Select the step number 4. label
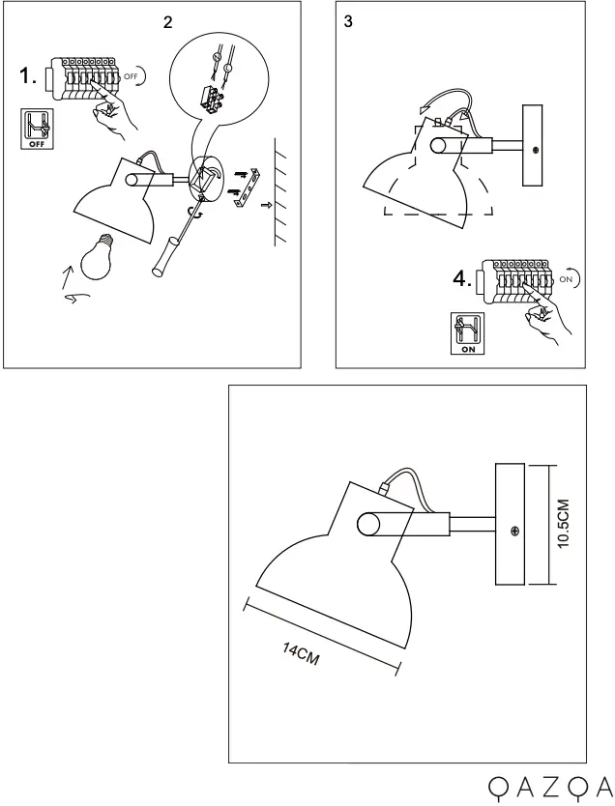point(463,280)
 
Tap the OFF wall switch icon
point(37,130)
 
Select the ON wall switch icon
point(466,333)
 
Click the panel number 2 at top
point(167,22)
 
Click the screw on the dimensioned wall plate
point(514,531)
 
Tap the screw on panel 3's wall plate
point(536,150)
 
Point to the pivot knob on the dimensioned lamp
point(368,526)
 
